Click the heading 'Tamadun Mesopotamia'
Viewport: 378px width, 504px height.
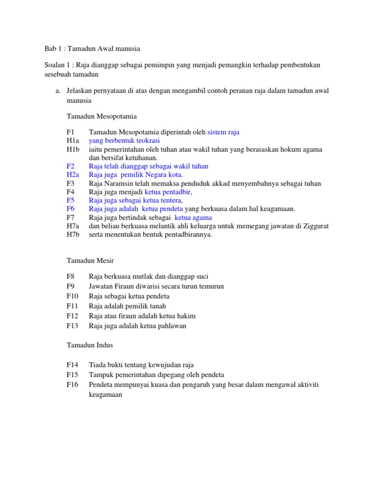[101, 117]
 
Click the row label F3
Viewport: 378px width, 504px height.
[70, 184]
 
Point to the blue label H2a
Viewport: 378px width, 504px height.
[72, 175]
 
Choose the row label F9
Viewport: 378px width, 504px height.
[70, 286]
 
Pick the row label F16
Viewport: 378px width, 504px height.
[72, 384]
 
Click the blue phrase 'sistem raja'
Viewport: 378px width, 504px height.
[223, 132]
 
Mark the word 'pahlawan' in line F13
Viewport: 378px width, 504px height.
[172, 326]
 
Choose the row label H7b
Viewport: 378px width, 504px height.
[72, 235]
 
